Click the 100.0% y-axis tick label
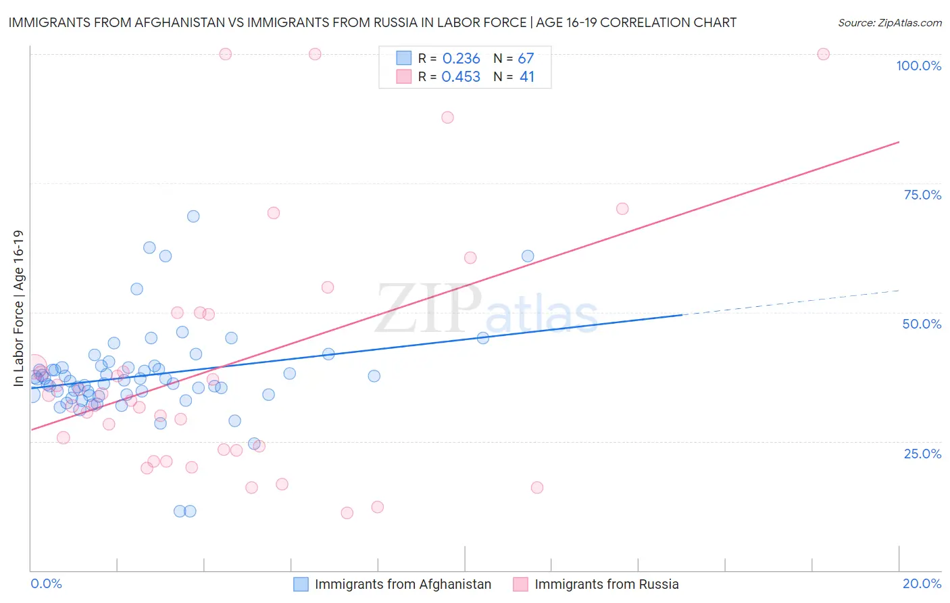[x=918, y=66]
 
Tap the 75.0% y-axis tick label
[x=922, y=195]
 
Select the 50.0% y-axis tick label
[x=922, y=324]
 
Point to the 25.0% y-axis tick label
[x=922, y=453]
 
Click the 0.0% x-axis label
[x=46, y=583]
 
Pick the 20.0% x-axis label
[x=922, y=583]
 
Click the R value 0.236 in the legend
[x=461, y=59]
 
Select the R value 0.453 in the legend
[x=461, y=77]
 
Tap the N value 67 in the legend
[x=526, y=59]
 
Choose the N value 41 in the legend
[x=527, y=77]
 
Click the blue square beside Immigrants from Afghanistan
[x=301, y=584]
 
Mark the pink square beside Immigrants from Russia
[x=520, y=584]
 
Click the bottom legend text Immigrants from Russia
[x=606, y=584]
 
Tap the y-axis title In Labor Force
[x=18, y=308]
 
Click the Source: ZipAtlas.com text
[x=889, y=23]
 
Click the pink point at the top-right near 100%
[x=823, y=54]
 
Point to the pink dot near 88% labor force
[x=447, y=117]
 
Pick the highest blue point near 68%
[x=193, y=216]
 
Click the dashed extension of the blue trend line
[x=791, y=302]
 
